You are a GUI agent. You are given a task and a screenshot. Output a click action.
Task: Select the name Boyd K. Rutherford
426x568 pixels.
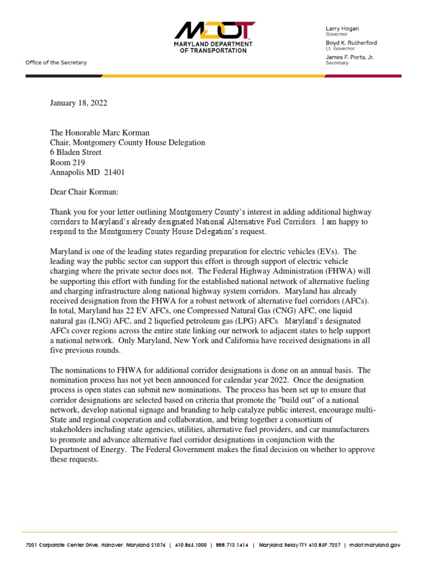pos(351,42)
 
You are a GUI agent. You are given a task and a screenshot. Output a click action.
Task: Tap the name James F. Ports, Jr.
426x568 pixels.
pos(349,57)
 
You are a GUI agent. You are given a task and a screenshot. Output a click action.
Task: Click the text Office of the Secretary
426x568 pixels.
pos(56,63)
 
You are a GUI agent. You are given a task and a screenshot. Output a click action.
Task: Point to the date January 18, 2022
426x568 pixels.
pos(79,103)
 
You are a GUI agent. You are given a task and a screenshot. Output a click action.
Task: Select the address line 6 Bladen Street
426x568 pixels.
pos(76,153)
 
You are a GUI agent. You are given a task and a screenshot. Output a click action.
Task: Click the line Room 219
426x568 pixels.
pos(68,163)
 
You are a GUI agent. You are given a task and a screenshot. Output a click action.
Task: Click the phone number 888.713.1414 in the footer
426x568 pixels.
pos(232,546)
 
